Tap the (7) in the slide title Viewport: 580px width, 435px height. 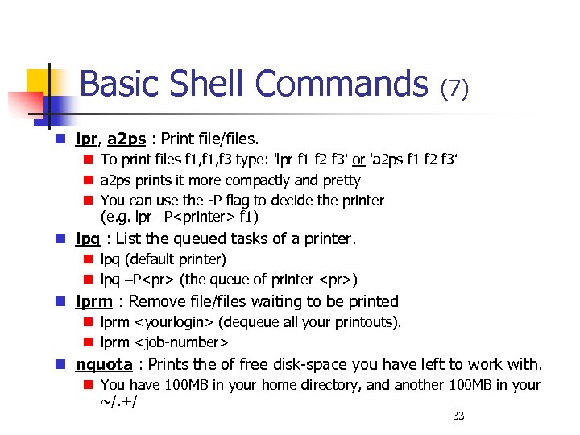coord(454,88)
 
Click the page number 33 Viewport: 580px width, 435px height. coord(458,416)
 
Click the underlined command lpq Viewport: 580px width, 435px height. coord(88,238)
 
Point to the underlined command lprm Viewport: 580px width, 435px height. coord(94,301)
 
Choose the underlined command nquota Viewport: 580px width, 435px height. coord(104,364)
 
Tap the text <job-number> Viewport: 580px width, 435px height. coord(177,342)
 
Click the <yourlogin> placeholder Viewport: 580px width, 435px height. coord(176,322)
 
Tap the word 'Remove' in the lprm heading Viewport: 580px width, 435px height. coord(158,301)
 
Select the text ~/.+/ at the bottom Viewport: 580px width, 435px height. coord(118,402)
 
